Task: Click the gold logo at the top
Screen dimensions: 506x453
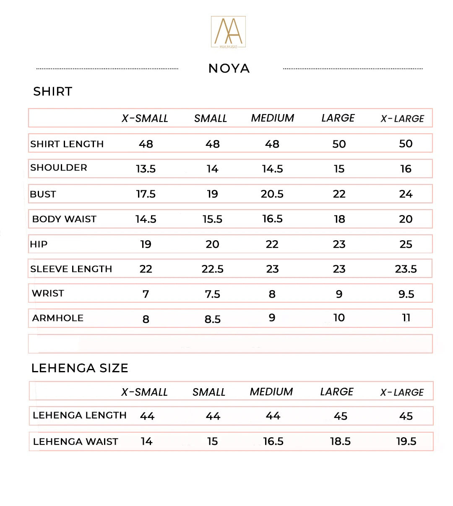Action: click(x=228, y=32)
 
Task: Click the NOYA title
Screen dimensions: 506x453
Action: click(x=229, y=68)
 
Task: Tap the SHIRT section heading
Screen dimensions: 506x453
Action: click(x=53, y=91)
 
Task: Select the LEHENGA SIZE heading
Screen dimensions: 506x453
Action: click(x=80, y=368)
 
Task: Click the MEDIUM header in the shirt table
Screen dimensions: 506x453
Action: click(x=273, y=118)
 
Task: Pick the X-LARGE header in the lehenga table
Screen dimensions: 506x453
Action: click(x=402, y=392)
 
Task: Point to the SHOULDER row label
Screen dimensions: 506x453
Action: click(x=59, y=168)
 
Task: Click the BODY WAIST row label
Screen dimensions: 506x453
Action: click(x=64, y=219)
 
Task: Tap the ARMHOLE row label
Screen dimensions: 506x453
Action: click(x=58, y=318)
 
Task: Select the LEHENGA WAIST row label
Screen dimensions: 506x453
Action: click(x=75, y=441)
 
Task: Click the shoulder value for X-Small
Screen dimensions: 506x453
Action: click(x=146, y=169)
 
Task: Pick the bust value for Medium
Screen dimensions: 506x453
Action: click(x=272, y=194)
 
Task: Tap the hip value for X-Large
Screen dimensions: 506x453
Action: click(x=406, y=244)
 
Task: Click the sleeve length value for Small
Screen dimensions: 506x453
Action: click(x=212, y=269)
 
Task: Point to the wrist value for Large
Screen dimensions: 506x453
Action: click(x=339, y=294)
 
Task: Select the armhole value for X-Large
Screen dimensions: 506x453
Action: click(x=406, y=318)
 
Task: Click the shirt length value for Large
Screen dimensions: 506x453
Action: click(x=339, y=144)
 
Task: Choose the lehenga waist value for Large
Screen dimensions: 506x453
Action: click(x=340, y=441)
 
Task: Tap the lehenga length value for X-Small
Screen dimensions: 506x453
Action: click(x=147, y=416)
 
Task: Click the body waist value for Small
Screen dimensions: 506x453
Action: click(x=212, y=219)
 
